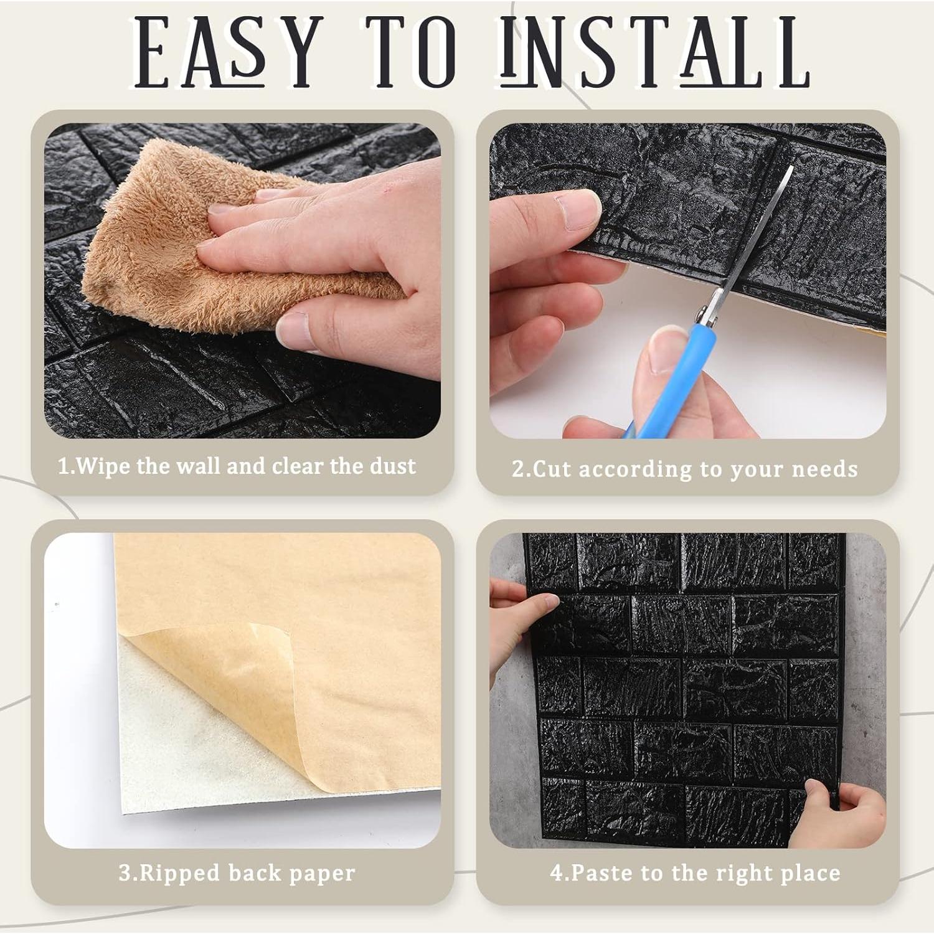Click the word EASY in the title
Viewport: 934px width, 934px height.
227,52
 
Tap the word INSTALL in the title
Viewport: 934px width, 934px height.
654,52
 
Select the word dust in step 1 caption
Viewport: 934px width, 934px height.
392,466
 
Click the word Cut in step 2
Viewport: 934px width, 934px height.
551,469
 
